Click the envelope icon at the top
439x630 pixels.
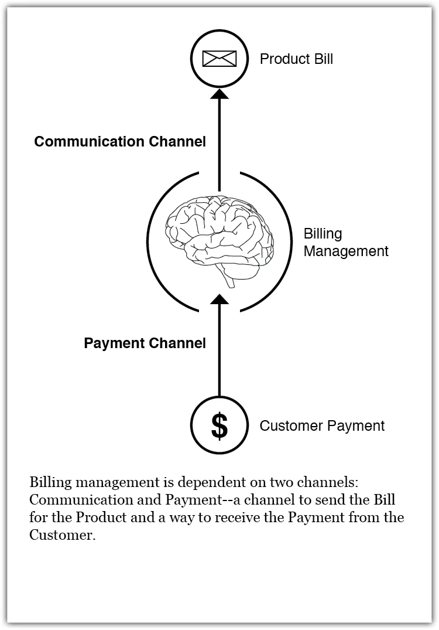pos(219,58)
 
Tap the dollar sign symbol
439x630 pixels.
pos(219,426)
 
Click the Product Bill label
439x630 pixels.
pos(296,59)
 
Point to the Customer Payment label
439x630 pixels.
pos(322,425)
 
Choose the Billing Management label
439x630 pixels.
pos(345,243)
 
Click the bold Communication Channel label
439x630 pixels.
pos(120,141)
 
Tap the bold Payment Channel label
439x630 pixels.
pos(145,343)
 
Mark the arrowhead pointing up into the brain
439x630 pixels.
pos(219,300)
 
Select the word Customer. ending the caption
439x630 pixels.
pos(62,536)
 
